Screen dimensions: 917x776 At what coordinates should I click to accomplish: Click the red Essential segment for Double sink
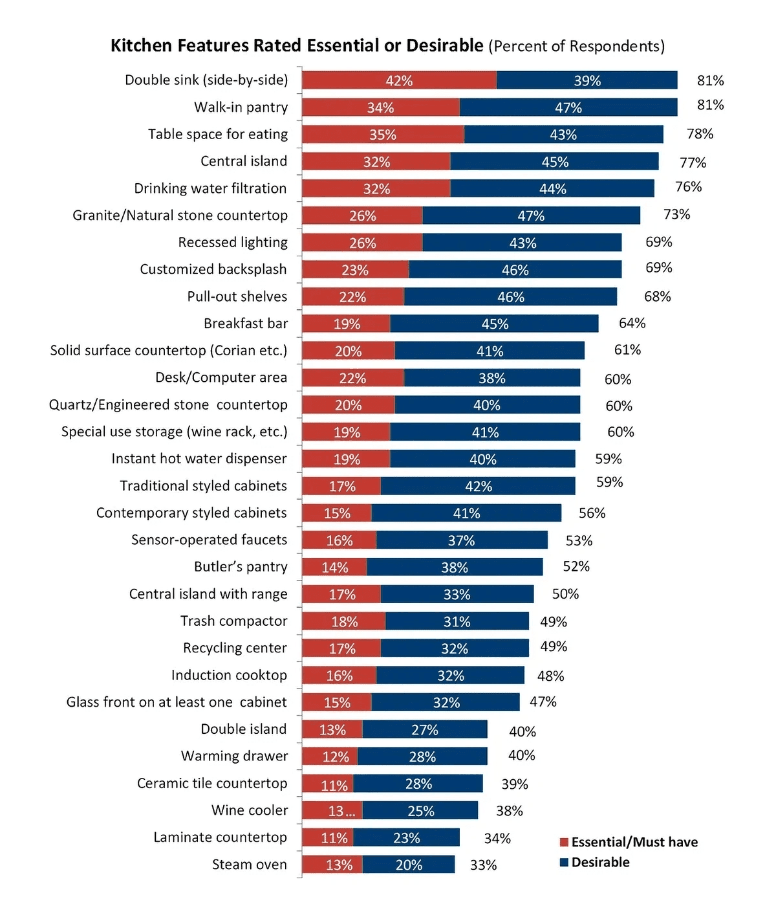pyautogui.click(x=399, y=80)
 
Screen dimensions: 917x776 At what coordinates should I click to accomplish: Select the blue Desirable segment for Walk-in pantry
pyautogui.click(x=568, y=107)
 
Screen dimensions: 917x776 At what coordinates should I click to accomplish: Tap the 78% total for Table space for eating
pyautogui.click(x=700, y=134)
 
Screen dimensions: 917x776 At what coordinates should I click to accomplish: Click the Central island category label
pyautogui.click(x=244, y=161)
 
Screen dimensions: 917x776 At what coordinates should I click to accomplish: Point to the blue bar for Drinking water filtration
pyautogui.click(x=552, y=188)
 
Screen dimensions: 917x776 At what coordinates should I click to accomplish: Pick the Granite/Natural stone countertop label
pyautogui.click(x=180, y=215)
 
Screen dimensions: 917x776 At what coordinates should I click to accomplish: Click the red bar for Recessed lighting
pyautogui.click(x=362, y=243)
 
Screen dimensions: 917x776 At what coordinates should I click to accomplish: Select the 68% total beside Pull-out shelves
pyautogui.click(x=657, y=296)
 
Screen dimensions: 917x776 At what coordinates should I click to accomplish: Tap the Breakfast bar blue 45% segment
pyautogui.click(x=495, y=324)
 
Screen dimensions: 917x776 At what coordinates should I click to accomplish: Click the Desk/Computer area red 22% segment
pyautogui.click(x=352, y=378)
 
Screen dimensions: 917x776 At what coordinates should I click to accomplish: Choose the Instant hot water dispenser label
pyautogui.click(x=199, y=459)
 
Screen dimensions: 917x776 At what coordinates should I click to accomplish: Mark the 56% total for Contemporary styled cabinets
pyautogui.click(x=592, y=513)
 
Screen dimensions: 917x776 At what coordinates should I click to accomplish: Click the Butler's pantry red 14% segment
pyautogui.click(x=334, y=568)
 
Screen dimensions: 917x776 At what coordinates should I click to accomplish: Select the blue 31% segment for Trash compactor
pyautogui.click(x=457, y=621)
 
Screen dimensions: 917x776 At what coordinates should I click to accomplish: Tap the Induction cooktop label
pyautogui.click(x=229, y=676)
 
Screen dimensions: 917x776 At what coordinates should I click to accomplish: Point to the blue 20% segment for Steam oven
pyautogui.click(x=409, y=865)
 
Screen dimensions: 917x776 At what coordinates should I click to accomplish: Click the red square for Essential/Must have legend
pyautogui.click(x=564, y=843)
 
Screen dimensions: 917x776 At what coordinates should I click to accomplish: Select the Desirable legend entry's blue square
pyautogui.click(x=564, y=863)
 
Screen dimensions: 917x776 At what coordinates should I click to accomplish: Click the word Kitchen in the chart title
pyautogui.click(x=141, y=46)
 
